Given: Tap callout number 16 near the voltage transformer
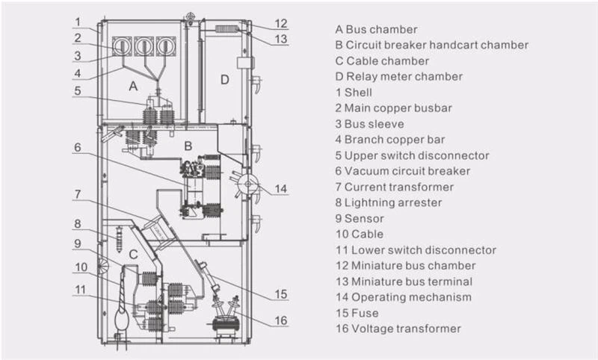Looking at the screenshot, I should click(x=280, y=321).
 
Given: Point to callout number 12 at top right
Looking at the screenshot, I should click(x=280, y=22).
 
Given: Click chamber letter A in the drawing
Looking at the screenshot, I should click(x=133, y=87).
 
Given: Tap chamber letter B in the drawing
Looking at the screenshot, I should click(x=189, y=143).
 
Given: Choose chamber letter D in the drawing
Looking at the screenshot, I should click(x=224, y=79).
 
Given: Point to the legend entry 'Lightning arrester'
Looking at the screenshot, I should click(x=393, y=202).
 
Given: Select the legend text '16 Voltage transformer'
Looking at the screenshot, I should click(x=398, y=329).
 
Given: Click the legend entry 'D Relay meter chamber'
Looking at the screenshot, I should click(x=398, y=76).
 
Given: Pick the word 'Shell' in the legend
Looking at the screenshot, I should click(x=358, y=93).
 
